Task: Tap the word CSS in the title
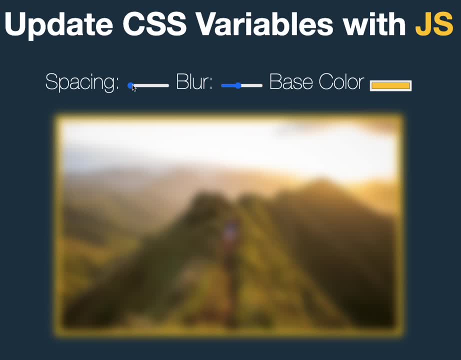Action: (154, 24)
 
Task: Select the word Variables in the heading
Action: (264, 24)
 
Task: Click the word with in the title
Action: (374, 24)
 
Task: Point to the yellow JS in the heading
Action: (434, 24)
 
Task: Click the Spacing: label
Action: (82, 82)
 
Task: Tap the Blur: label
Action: (194, 81)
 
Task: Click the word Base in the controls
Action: (291, 81)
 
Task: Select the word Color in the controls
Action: (341, 81)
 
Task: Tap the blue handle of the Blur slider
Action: (238, 85)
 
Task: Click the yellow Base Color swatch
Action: (390, 85)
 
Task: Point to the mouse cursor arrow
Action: (134, 87)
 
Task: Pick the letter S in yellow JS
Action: (443, 24)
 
